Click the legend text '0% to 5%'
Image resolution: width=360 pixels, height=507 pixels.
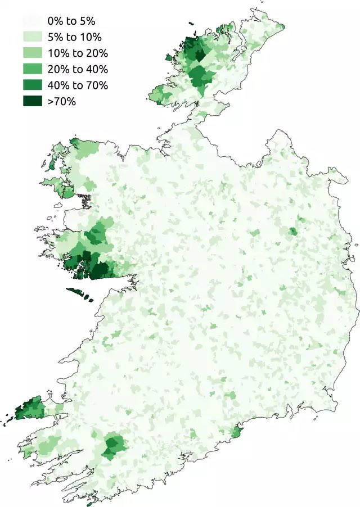[72, 22]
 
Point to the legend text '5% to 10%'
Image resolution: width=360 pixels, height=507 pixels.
[75, 38]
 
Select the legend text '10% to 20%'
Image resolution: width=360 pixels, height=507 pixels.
[78, 54]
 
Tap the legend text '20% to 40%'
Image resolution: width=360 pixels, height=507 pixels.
[78, 70]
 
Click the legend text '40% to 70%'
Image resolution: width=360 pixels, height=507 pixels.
[78, 86]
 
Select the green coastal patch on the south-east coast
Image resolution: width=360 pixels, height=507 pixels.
[237, 432]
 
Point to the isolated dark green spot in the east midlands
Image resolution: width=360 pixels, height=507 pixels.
[292, 231]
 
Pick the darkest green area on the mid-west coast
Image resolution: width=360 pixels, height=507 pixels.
[100, 270]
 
